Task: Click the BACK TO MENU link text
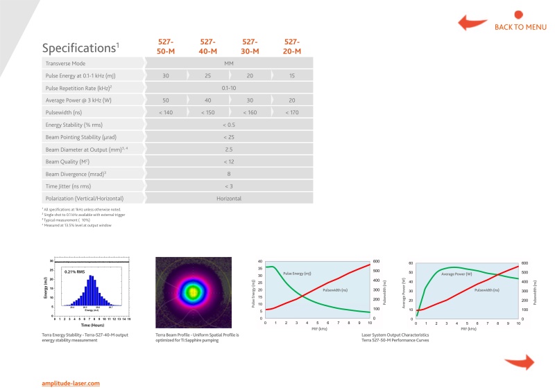tap(520, 28)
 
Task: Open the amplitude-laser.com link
tap(71, 383)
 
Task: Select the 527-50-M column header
tap(166, 46)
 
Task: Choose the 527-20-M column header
tap(292, 46)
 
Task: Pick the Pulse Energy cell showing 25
tap(207, 75)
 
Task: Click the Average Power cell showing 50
tap(166, 100)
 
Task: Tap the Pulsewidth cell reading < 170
tap(292, 112)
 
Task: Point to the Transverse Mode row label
tap(69, 62)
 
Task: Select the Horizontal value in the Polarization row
tap(228, 198)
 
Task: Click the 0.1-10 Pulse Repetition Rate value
tap(228, 87)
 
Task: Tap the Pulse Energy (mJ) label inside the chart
tap(297, 274)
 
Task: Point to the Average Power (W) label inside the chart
tap(456, 274)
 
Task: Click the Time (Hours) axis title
tap(91, 324)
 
